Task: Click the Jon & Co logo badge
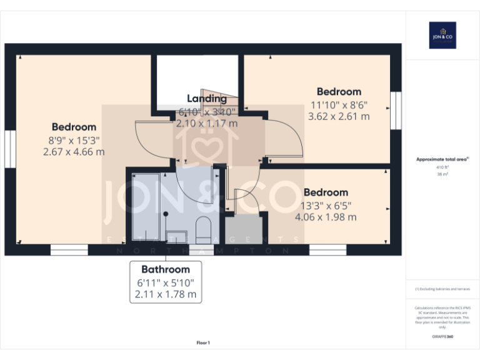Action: (442, 36)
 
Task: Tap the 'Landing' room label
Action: (207, 98)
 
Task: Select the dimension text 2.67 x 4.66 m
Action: (74, 151)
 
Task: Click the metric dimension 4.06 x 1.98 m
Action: (326, 217)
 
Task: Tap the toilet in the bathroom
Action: (203, 231)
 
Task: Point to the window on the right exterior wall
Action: (395, 111)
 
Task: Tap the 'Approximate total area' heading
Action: (442, 160)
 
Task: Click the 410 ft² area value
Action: (442, 167)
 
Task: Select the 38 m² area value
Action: (442, 174)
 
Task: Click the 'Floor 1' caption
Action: (203, 342)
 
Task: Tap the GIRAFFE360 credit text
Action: (442, 337)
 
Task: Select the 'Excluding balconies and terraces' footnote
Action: (442, 289)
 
